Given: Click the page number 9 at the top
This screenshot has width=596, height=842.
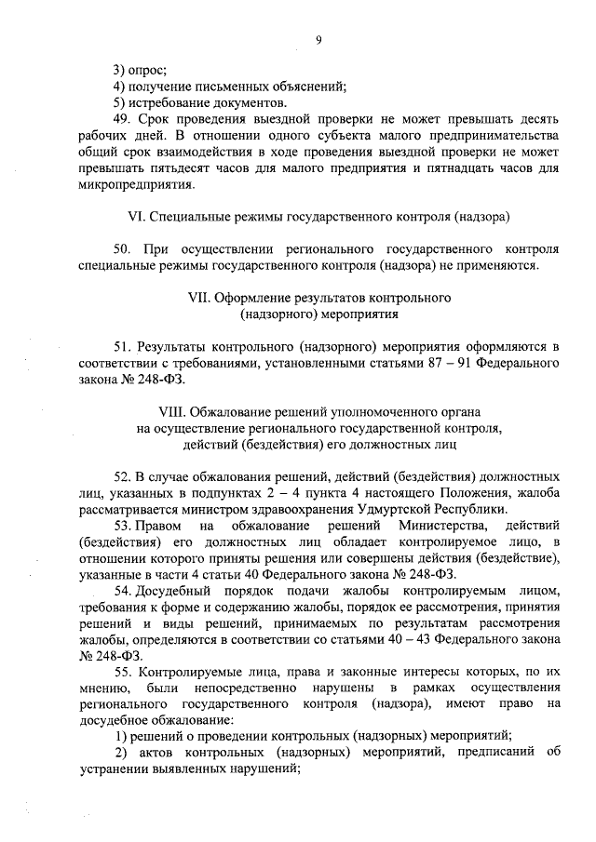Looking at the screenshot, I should point(318,39).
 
